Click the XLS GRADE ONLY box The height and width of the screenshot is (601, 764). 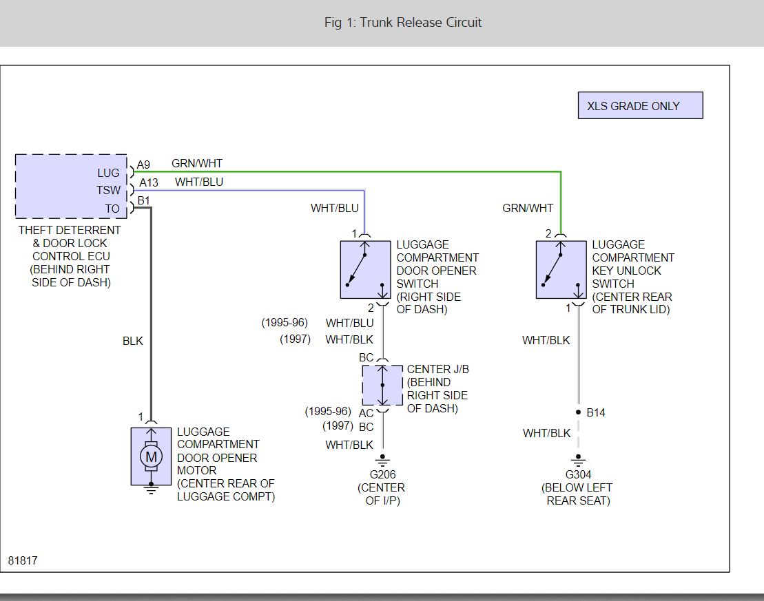tap(640, 106)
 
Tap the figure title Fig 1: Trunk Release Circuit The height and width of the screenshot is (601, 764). tap(403, 23)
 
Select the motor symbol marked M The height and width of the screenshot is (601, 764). tap(151, 456)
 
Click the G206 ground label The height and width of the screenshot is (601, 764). tap(382, 474)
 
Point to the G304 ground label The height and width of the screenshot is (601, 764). tap(578, 474)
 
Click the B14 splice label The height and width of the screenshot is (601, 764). tap(596, 413)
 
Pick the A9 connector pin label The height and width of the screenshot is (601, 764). tap(143, 165)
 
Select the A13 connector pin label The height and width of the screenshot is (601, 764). tap(149, 182)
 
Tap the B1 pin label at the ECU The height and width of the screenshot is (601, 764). tap(143, 200)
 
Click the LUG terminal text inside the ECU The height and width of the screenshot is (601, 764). tap(108, 173)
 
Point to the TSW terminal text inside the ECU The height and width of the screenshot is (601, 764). tap(108, 191)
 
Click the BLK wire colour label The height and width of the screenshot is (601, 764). tap(133, 341)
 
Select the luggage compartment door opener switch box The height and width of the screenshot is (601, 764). tap(365, 269)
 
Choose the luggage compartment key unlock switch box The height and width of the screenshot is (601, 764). tap(561, 269)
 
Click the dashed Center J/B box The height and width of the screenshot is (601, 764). tap(382, 386)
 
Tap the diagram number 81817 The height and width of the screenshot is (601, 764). tap(23, 560)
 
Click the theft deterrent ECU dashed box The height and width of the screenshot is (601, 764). tap(71, 186)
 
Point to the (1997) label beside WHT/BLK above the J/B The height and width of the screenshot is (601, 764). tap(295, 339)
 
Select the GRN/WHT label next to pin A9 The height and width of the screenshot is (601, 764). tap(197, 164)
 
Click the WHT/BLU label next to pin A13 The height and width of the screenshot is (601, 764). tap(199, 182)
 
